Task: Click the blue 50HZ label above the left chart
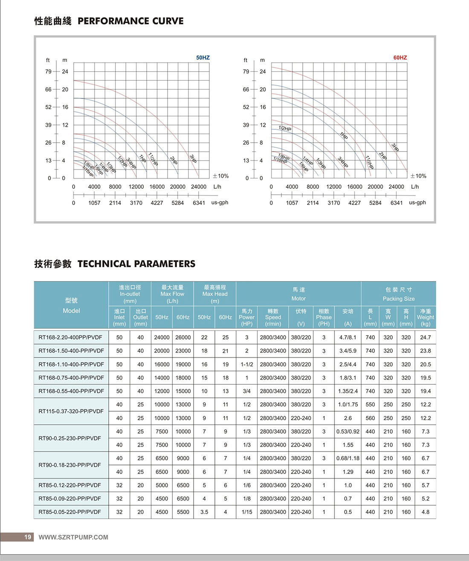tap(203, 58)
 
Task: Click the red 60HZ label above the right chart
tap(400, 58)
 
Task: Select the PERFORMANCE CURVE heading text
tap(130, 21)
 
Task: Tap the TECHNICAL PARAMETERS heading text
tap(136, 264)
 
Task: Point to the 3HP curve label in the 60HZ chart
tap(395, 147)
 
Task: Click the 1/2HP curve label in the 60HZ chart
tap(285, 129)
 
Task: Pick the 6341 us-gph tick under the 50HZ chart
tap(199, 203)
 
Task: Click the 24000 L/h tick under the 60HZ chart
tap(396, 187)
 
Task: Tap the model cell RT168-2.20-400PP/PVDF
tap(70, 337)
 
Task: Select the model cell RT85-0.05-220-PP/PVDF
tap(70, 512)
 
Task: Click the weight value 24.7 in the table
tap(425, 337)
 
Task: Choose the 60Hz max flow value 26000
tap(183, 337)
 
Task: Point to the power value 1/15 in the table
tap(247, 512)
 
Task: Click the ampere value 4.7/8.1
tap(348, 337)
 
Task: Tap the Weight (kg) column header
tap(425, 317)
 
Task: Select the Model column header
tap(71, 305)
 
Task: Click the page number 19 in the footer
tap(28, 537)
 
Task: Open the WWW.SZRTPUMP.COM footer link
tap(73, 537)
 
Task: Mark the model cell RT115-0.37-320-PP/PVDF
tap(71, 411)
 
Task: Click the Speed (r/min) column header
tap(273, 317)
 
